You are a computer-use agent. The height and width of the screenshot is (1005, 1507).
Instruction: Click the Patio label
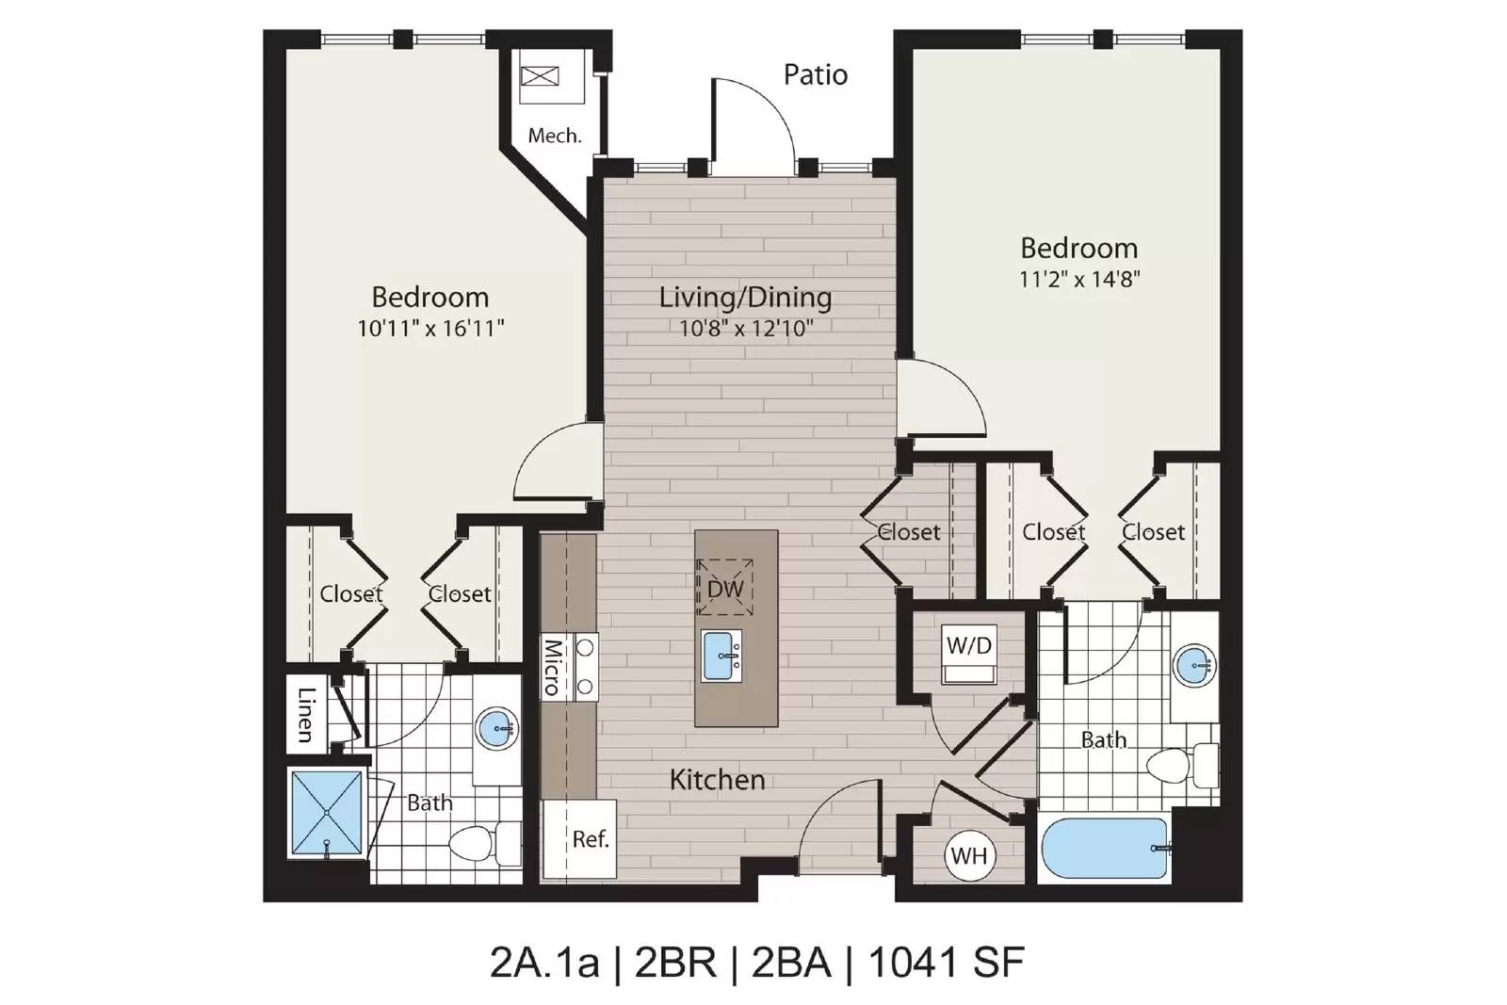tap(816, 74)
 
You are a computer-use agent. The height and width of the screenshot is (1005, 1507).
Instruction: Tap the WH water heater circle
tap(969, 855)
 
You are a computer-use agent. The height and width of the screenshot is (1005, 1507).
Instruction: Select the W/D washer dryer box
tap(969, 653)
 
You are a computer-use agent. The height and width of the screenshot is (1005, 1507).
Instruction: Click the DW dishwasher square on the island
tap(724, 587)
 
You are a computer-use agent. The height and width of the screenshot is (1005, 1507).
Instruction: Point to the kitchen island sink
tap(721, 656)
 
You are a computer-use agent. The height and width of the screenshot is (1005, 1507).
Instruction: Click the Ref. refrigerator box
tap(580, 838)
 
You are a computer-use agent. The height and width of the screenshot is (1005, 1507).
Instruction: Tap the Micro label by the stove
tap(552, 668)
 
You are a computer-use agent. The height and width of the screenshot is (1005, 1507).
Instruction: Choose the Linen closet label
tap(306, 714)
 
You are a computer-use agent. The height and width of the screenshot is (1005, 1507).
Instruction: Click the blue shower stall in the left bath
tap(327, 813)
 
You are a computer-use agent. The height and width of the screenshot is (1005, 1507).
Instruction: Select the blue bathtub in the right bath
tap(1105, 849)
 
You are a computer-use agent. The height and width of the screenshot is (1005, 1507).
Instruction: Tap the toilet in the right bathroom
tap(1182, 766)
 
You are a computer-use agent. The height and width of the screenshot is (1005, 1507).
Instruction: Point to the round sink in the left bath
tap(497, 727)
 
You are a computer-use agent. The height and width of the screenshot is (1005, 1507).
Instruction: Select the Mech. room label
tap(555, 136)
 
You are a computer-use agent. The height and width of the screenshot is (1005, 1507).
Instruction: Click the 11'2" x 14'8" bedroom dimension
tap(1079, 279)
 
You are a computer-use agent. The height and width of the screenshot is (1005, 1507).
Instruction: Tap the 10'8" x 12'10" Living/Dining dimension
tap(745, 328)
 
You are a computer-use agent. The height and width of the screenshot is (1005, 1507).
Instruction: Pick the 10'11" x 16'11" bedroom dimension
tap(430, 329)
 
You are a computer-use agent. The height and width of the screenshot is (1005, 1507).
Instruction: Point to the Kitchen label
tap(717, 780)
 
